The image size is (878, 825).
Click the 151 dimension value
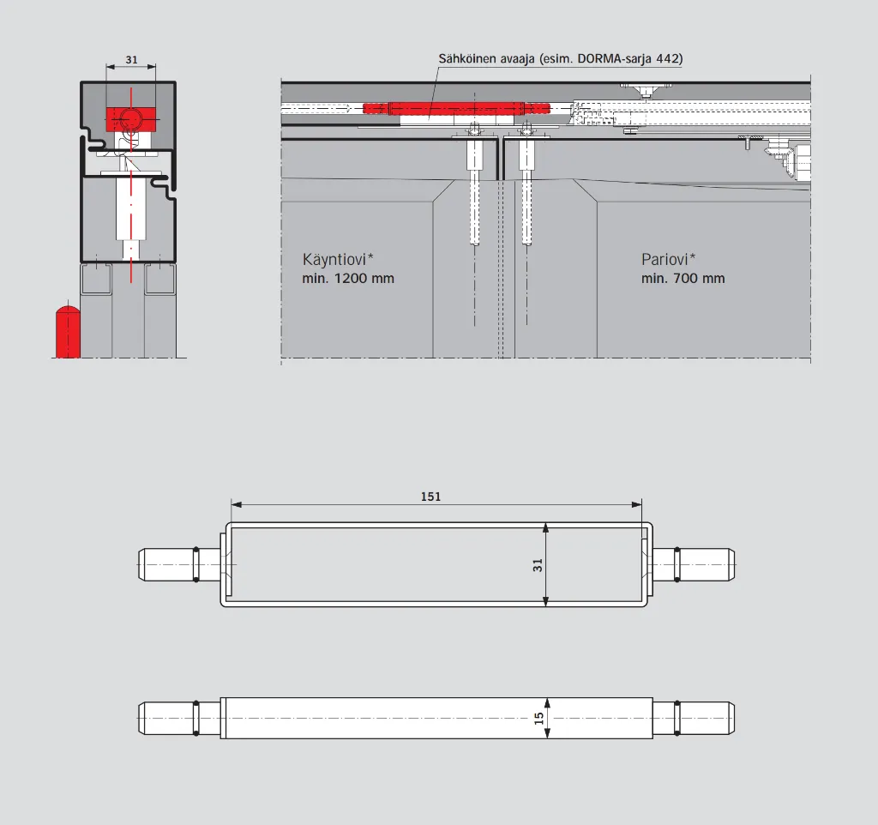tap(430, 497)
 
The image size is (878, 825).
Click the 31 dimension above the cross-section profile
tap(131, 59)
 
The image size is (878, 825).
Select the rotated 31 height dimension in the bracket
tap(538, 565)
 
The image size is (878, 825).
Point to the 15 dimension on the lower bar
tap(538, 718)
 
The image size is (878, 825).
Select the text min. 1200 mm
tap(348, 279)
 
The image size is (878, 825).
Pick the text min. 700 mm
tap(683, 279)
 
